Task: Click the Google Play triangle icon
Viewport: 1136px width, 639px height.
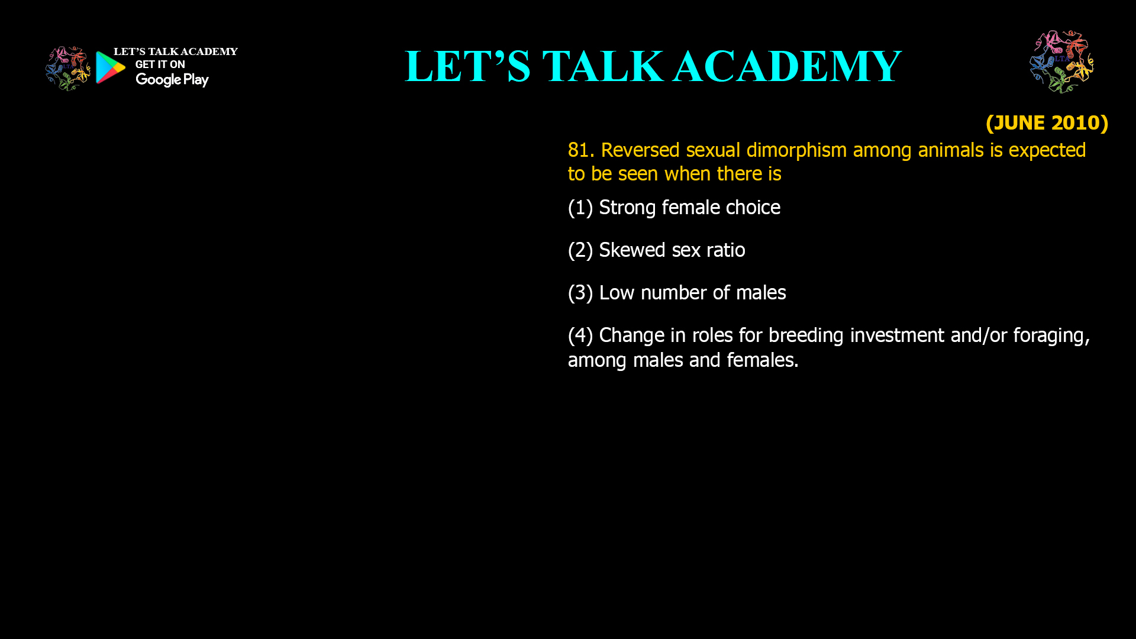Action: pos(110,67)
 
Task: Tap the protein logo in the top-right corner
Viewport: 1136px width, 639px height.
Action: pos(1062,62)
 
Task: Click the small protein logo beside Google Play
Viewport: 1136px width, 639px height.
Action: pos(68,69)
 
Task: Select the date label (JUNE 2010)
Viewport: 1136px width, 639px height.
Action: pos(1047,122)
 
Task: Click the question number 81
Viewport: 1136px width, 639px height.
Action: pos(581,150)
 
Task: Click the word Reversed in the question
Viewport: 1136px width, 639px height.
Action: pos(640,150)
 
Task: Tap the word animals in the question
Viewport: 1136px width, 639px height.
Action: pos(951,150)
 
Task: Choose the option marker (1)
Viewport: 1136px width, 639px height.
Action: pos(580,208)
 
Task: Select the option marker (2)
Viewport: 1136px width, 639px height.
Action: pos(580,250)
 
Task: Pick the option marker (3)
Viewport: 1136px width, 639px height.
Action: pos(580,293)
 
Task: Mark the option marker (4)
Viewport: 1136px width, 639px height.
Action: pos(580,335)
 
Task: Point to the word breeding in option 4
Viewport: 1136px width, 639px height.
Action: pos(806,336)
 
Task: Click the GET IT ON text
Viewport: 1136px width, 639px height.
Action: pos(160,64)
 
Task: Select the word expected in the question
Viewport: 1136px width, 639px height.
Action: pos(1047,151)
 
